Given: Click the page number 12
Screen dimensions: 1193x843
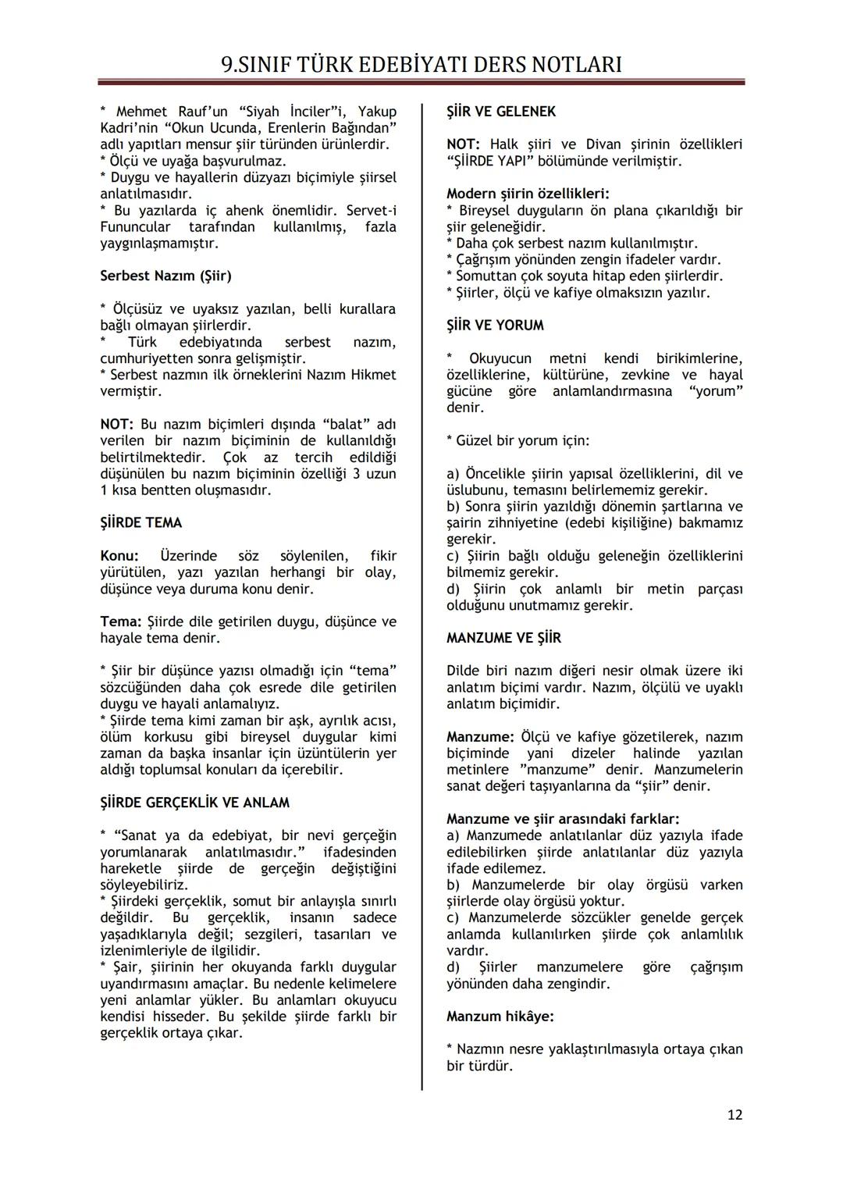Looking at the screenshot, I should point(735,1115).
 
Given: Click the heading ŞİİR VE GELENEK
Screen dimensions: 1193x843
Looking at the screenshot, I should point(501,112).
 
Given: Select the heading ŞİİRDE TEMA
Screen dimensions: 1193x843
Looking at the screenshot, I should point(141,523).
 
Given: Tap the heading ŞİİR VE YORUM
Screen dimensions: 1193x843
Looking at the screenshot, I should point(495,326).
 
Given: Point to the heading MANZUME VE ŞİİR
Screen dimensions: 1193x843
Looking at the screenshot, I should point(503,639).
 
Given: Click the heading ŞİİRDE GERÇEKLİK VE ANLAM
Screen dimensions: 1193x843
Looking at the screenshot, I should point(194,803).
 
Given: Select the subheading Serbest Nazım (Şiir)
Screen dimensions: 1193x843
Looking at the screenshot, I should point(165,276).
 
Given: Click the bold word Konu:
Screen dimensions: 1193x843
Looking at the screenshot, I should point(119,556).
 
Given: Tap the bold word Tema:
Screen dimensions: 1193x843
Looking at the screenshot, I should point(121,622).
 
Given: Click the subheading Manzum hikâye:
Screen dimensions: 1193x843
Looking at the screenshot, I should point(500,1017).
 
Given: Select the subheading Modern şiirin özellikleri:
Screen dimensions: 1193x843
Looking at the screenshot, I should point(528,194).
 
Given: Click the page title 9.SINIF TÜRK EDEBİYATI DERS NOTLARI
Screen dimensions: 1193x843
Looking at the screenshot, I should point(421,64).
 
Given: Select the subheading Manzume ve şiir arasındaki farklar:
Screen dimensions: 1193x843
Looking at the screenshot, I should point(563,819).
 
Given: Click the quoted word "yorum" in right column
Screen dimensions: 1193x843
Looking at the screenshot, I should point(716,391).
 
